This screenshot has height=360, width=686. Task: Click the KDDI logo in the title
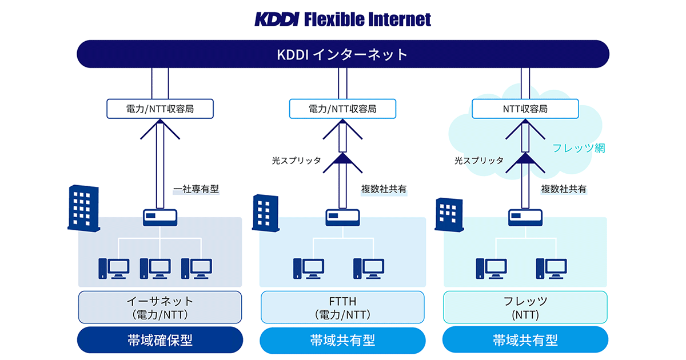pyautogui.click(x=276, y=19)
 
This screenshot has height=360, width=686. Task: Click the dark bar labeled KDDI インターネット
pyautogui.click(x=343, y=55)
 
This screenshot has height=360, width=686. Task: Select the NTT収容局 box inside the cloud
pyautogui.click(x=525, y=109)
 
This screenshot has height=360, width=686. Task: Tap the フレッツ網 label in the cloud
pyautogui.click(x=578, y=148)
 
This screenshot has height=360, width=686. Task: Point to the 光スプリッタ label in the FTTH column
pyautogui.click(x=296, y=161)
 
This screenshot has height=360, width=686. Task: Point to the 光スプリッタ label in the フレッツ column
pyautogui.click(x=479, y=161)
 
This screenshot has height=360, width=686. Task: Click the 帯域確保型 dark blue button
pyautogui.click(x=160, y=341)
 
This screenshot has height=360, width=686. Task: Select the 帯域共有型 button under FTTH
pyautogui.click(x=342, y=341)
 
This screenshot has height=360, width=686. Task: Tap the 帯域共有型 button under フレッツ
pyautogui.click(x=525, y=341)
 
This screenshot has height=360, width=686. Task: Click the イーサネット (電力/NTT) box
pyautogui.click(x=160, y=307)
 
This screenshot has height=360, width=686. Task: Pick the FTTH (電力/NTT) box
pyautogui.click(x=342, y=307)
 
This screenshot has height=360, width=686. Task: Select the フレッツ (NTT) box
pyautogui.click(x=525, y=307)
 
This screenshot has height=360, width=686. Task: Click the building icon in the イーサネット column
pyautogui.click(x=83, y=207)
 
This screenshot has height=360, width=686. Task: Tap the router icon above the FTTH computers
pyautogui.click(x=342, y=218)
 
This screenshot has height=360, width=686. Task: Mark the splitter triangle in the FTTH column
pyautogui.click(x=342, y=160)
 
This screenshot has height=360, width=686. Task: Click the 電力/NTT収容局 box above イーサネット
pyautogui.click(x=160, y=109)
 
